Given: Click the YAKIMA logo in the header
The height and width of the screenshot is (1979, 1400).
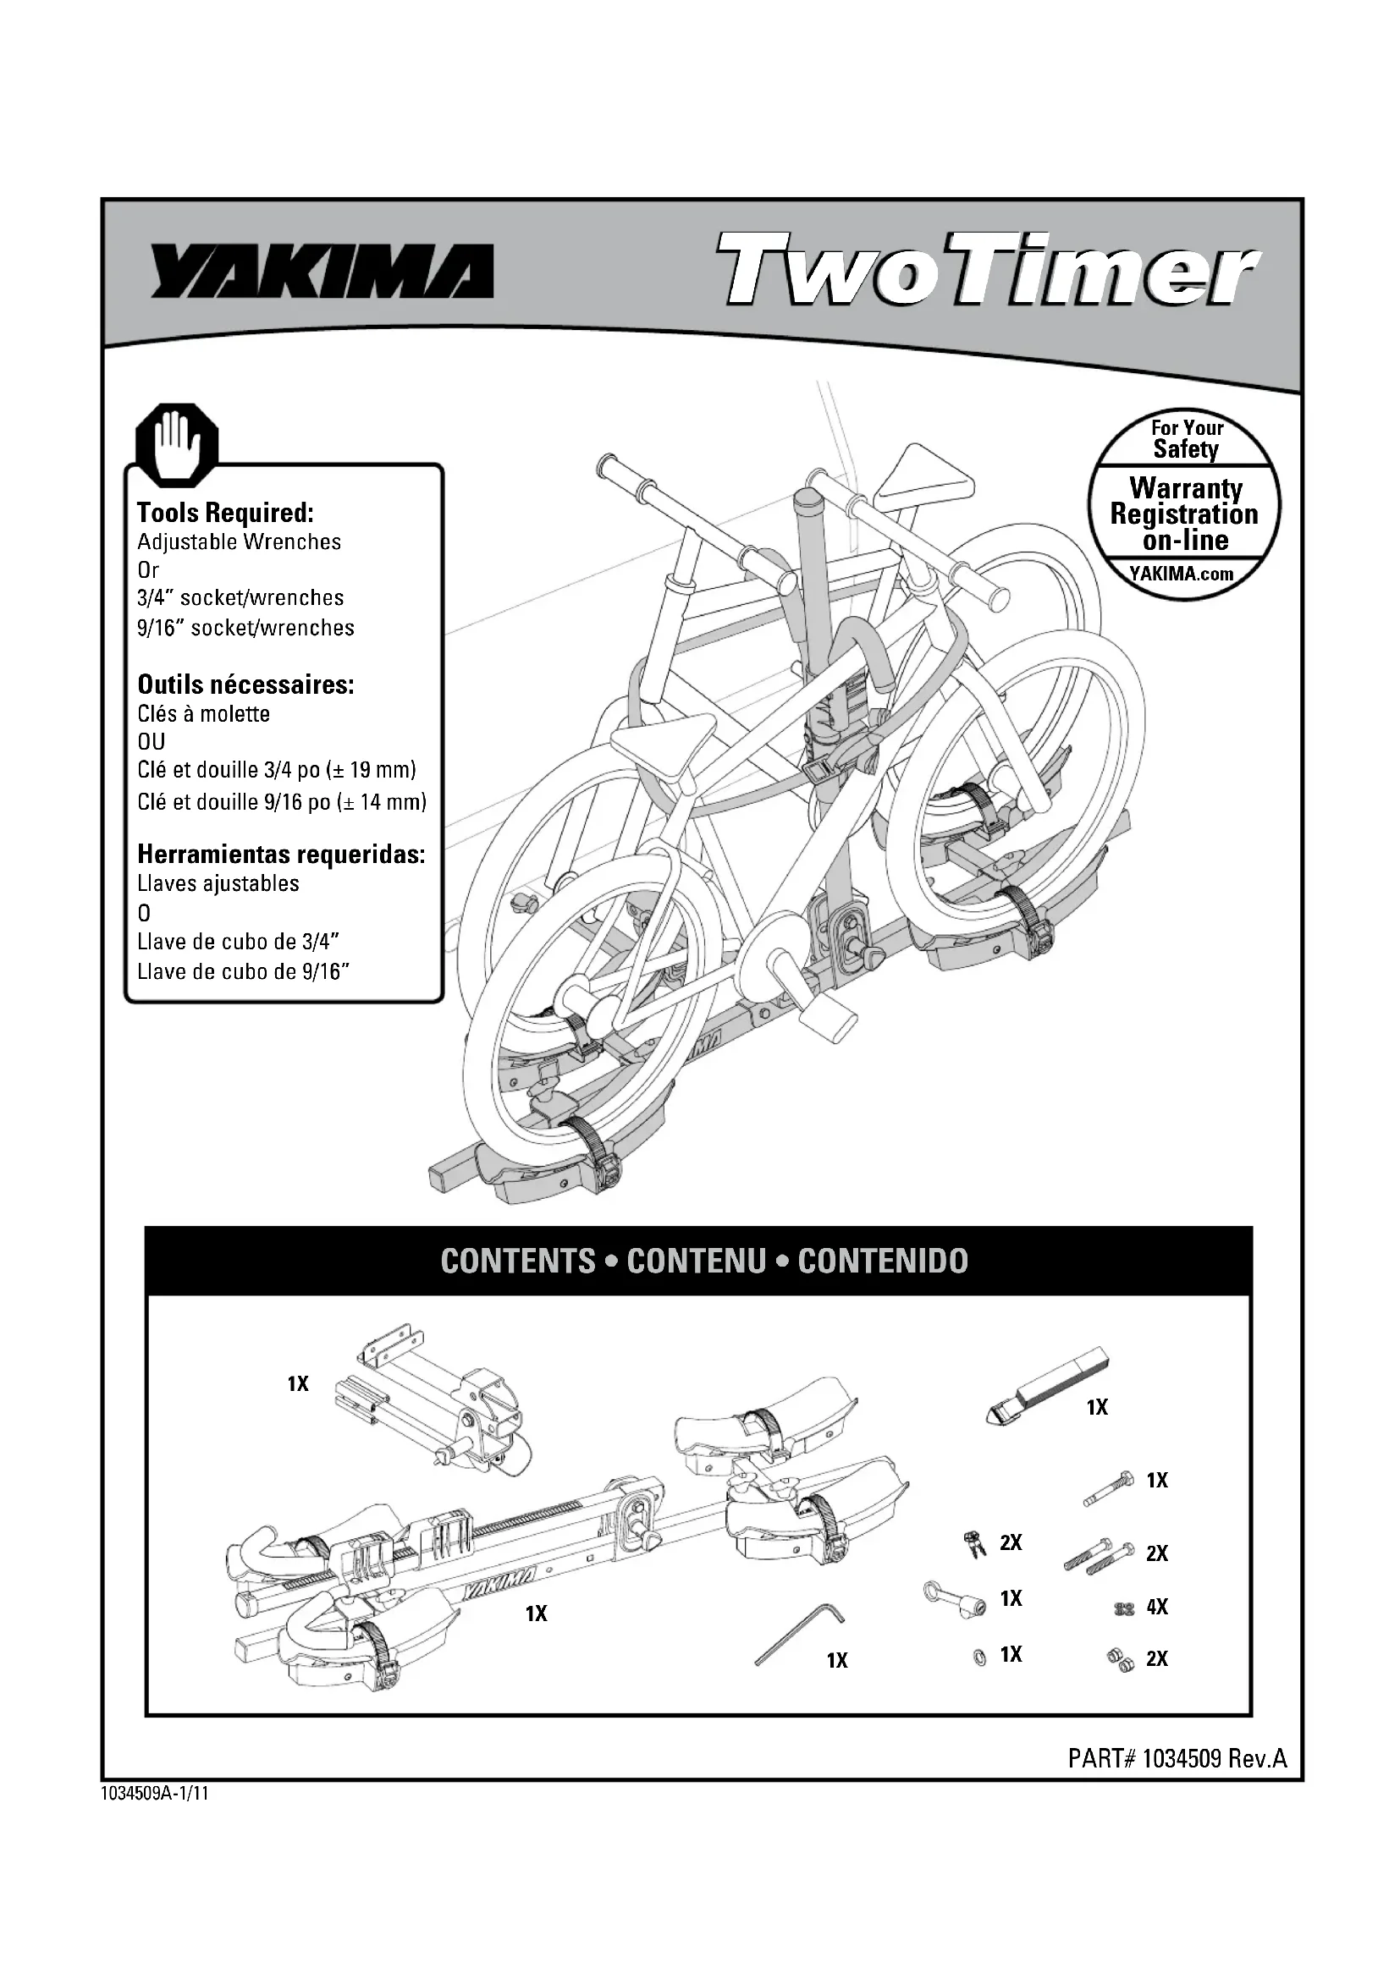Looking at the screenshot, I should click(322, 271).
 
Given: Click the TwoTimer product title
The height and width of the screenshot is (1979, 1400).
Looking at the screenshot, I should click(988, 270).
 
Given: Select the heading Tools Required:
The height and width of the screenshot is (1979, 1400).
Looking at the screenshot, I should click(225, 513).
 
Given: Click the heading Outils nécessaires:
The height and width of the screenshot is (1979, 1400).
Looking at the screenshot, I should click(245, 684).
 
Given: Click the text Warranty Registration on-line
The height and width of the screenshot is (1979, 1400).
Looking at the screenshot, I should click(1183, 514).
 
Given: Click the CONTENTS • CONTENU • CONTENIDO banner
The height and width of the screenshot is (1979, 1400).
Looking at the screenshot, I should click(703, 1261).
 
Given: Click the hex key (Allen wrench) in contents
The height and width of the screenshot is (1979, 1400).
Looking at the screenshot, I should click(799, 1632).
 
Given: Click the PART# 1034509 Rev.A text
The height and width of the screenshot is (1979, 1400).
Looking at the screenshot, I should click(1177, 1758).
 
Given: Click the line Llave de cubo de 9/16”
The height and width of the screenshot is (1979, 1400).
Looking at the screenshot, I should click(243, 972).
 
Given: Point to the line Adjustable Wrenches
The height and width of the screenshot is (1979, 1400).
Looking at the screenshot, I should click(239, 542).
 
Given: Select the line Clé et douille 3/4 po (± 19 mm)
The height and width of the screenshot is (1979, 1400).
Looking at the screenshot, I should click(277, 770).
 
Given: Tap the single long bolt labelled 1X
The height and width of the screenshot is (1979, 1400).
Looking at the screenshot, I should click(1109, 1487).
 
